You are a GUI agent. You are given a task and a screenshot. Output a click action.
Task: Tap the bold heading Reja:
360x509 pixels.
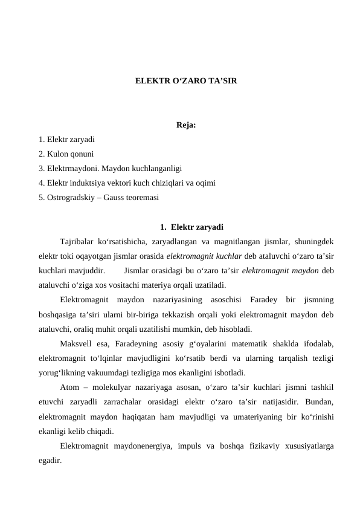[x=186, y=126]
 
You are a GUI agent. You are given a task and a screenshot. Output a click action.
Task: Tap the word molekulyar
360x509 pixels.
[x=104, y=387]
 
